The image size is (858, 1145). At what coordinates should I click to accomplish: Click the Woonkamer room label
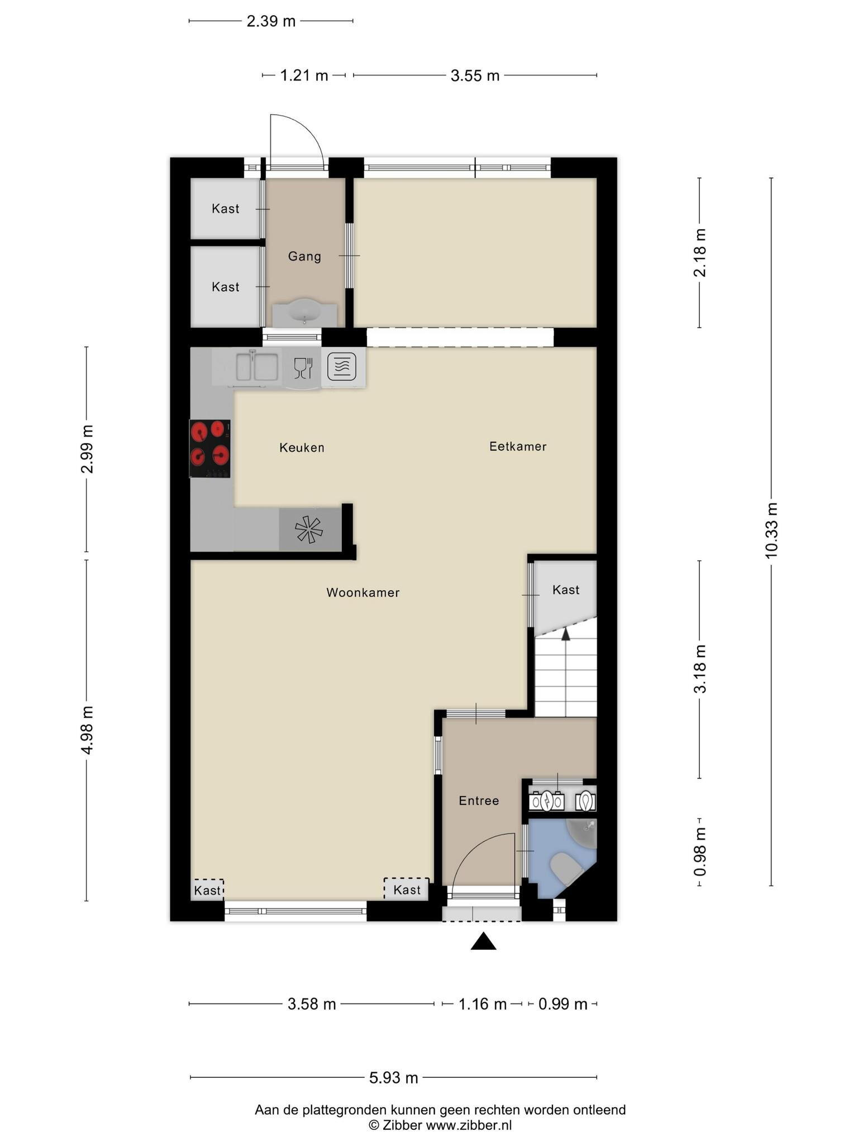pyautogui.click(x=363, y=593)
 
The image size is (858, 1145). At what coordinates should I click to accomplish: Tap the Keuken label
pyautogui.click(x=302, y=447)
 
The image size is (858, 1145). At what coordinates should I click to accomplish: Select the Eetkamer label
pyautogui.click(x=518, y=446)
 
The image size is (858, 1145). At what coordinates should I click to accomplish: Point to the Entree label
pyautogui.click(x=479, y=801)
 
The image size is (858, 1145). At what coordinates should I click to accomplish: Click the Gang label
pyautogui.click(x=304, y=257)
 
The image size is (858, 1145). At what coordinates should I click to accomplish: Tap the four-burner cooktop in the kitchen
pyautogui.click(x=210, y=448)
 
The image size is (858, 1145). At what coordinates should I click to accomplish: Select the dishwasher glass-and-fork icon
pyautogui.click(x=303, y=368)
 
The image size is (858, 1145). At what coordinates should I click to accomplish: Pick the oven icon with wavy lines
pyautogui.click(x=342, y=367)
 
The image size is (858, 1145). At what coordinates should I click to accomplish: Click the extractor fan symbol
pyautogui.click(x=309, y=529)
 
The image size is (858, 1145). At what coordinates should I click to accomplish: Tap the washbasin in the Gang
pyautogui.click(x=304, y=311)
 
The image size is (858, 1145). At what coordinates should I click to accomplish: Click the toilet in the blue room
pyautogui.click(x=565, y=869)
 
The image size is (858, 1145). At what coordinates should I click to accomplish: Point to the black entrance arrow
pyautogui.click(x=483, y=941)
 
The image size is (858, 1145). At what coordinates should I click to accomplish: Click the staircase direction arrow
pyautogui.click(x=565, y=633)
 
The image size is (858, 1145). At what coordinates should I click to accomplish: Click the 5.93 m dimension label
pyautogui.click(x=394, y=1077)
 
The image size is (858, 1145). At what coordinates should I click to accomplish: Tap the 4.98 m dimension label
pyautogui.click(x=87, y=730)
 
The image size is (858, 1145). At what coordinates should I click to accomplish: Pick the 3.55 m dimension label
pyautogui.click(x=475, y=75)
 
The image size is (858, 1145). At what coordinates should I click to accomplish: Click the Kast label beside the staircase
pyautogui.click(x=566, y=590)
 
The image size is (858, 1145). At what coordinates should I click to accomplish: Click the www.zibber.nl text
pyautogui.click(x=469, y=1125)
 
